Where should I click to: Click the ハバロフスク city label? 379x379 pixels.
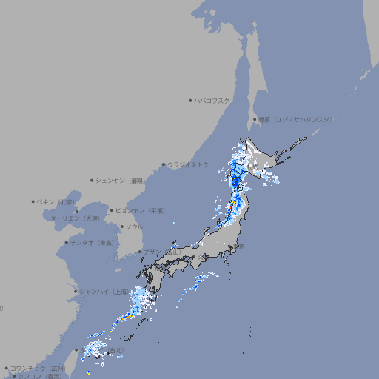click(213, 100)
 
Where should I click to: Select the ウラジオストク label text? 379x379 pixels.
click(188, 164)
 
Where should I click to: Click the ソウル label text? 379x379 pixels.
click(133, 227)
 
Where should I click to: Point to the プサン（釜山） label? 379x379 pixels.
click(161, 252)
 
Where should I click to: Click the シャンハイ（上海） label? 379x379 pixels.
click(103, 292)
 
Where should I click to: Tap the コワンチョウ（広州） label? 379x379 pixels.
click(36, 368)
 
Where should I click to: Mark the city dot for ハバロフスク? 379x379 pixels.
click(190, 100)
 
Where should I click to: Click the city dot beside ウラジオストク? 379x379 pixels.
click(164, 164)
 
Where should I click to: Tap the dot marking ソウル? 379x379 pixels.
click(121, 227)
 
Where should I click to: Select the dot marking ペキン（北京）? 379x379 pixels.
click(33, 201)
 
